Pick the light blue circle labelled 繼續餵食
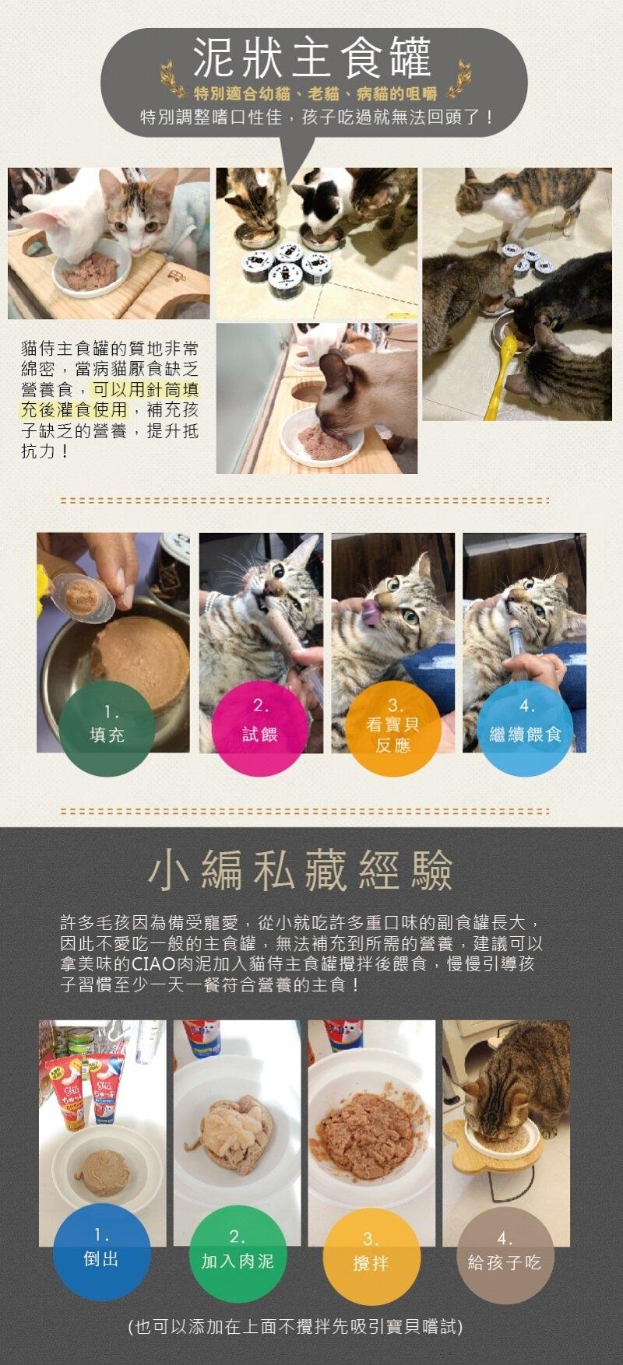tap(525, 728)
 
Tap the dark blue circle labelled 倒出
tap(101, 1251)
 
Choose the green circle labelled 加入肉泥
tap(238, 1253)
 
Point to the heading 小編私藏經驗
tap(301, 870)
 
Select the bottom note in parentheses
tap(295, 1326)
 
